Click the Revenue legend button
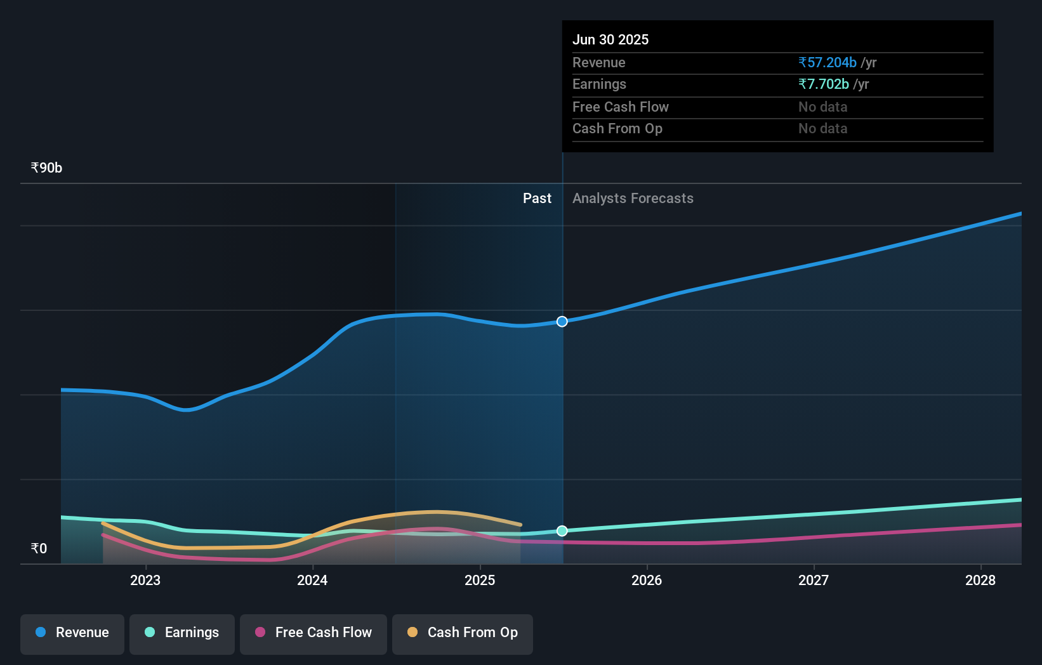click(72, 633)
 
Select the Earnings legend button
click(182, 633)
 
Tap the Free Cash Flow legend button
click(313, 633)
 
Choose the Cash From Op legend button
click(463, 633)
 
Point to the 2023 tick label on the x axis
click(145, 580)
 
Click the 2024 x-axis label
click(312, 580)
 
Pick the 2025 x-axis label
click(480, 580)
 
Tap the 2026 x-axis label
click(647, 580)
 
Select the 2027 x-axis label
click(814, 580)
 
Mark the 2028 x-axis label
click(980, 580)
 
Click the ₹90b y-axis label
click(46, 168)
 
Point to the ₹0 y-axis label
click(39, 549)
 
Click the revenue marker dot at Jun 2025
click(562, 322)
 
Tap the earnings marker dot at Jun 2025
click(562, 531)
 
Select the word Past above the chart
click(537, 199)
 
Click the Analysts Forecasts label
click(633, 199)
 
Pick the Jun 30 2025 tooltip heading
click(610, 40)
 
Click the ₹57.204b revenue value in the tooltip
click(828, 63)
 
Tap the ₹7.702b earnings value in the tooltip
click(824, 84)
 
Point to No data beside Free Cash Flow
click(822, 107)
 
